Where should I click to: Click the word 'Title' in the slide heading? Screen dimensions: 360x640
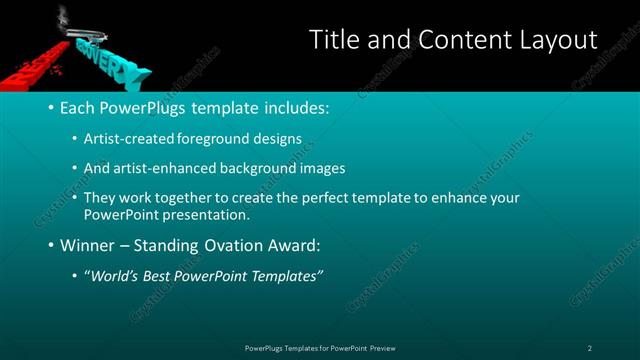pyautogui.click(x=332, y=40)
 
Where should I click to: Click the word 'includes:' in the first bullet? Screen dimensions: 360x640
pyautogui.click(x=297, y=106)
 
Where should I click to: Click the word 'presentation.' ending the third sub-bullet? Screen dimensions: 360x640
pyautogui.click(x=203, y=214)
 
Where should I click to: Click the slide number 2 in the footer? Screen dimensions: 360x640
pyautogui.click(x=590, y=348)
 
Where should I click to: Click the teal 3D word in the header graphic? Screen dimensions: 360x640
pyautogui.click(x=110, y=60)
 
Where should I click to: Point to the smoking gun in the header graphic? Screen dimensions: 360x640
pyautogui.click(x=80, y=26)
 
